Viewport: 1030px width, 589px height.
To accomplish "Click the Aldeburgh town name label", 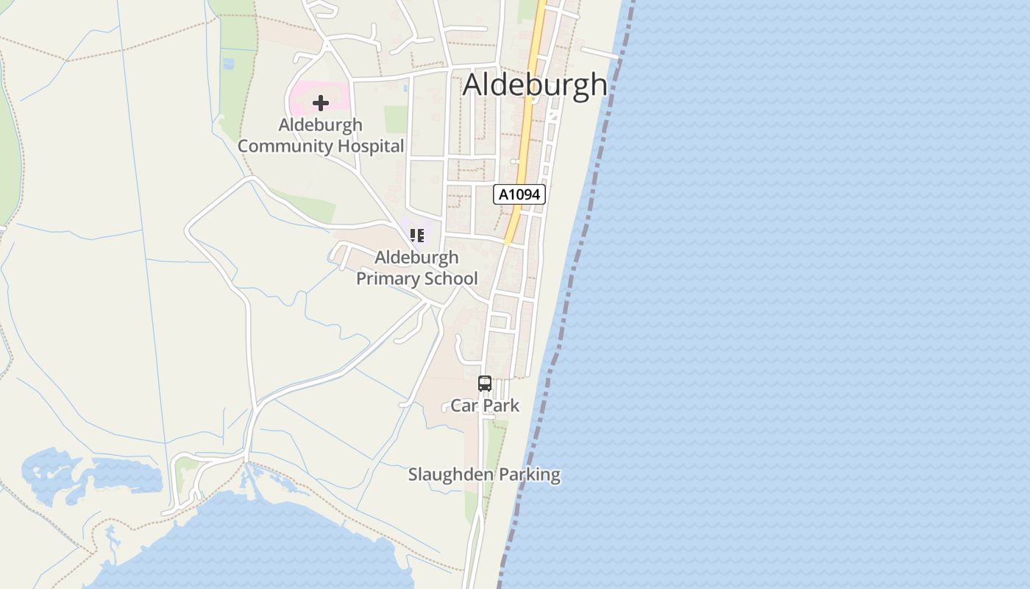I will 535,85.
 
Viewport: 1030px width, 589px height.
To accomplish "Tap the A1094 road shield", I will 519,194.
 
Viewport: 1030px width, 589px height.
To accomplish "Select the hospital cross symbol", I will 321,103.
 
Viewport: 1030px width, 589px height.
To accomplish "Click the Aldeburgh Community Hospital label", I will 321,135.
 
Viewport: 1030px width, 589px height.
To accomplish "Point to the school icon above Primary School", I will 417,236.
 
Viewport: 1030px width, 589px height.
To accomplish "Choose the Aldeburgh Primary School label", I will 416,268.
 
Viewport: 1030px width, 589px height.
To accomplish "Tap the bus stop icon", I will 484,384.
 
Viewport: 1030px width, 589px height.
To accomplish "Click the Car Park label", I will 485,406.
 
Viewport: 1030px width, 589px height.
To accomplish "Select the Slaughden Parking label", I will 484,475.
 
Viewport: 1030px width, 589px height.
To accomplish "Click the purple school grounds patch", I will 406,225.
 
